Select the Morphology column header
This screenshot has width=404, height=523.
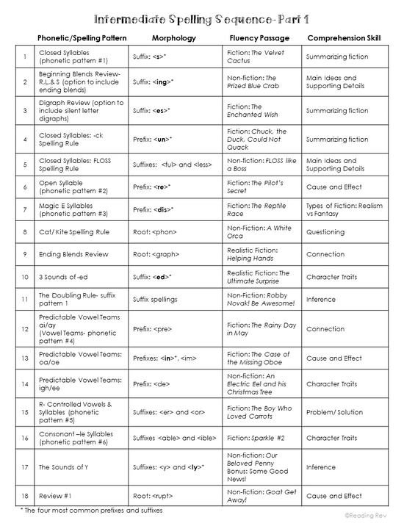(172, 37)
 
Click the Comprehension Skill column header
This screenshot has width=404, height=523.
(344, 37)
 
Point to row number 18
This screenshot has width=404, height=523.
(25, 496)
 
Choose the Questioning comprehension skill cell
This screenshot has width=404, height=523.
(325, 232)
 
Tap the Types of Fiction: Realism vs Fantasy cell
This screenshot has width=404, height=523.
(344, 209)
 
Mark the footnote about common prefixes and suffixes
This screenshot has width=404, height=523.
(92, 509)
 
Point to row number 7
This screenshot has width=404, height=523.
(25, 209)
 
